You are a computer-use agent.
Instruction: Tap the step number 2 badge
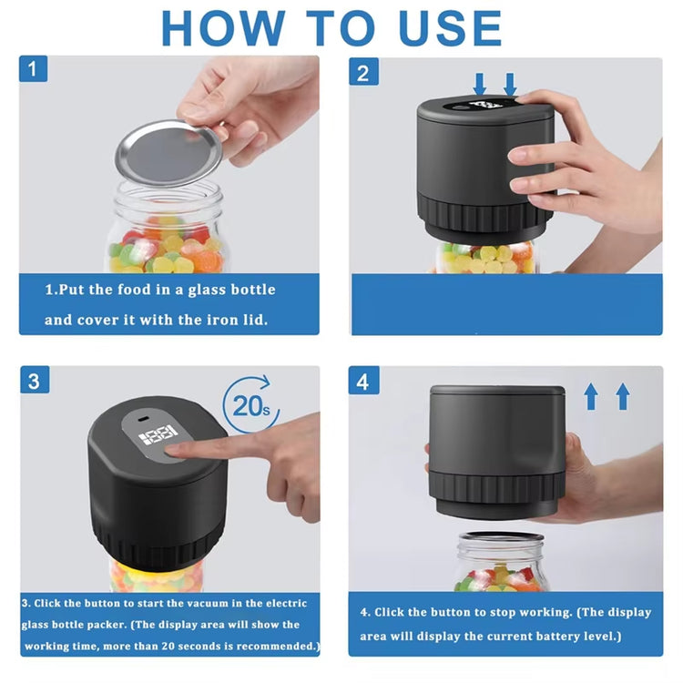(x=363, y=73)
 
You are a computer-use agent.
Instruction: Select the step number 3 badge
(x=34, y=381)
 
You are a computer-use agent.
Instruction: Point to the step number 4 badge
(x=363, y=382)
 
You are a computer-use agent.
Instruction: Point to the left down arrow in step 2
(x=480, y=85)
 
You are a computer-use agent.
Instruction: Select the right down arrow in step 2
(x=510, y=85)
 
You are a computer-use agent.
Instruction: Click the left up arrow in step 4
(x=591, y=396)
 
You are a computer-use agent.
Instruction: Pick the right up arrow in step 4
(x=623, y=396)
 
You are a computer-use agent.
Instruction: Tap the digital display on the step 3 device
(x=158, y=437)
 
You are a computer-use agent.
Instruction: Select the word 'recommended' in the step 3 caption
(x=270, y=646)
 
